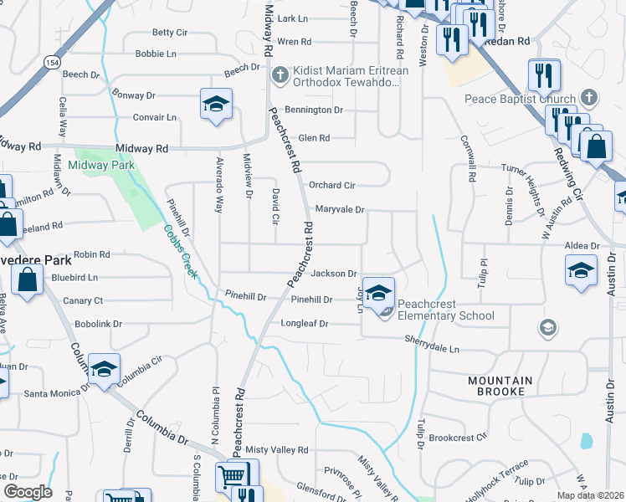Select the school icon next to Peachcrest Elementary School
[x=378, y=293]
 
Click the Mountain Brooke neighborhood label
[x=500, y=386]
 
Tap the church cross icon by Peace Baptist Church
[x=589, y=97]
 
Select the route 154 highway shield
[x=54, y=63]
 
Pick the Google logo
[x=28, y=491]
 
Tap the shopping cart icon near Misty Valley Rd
[x=232, y=477]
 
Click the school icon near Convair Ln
[x=216, y=105]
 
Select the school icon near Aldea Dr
[x=581, y=270]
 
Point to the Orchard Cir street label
[x=332, y=185]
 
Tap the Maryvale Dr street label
[x=340, y=209]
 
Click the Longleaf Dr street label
[x=305, y=323]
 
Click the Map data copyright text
[x=590, y=495]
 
